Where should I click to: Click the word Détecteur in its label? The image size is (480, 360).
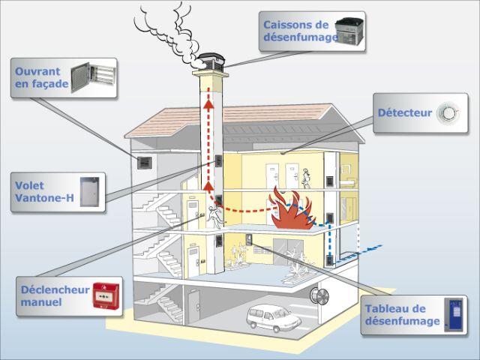click(x=405, y=112)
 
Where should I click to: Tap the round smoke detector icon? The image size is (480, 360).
click(x=448, y=113)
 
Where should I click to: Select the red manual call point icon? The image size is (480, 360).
click(x=106, y=296)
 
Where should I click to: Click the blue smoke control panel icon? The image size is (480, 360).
click(x=454, y=315)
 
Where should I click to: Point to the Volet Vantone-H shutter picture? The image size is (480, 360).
click(x=90, y=192)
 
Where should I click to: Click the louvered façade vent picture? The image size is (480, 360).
click(x=93, y=77)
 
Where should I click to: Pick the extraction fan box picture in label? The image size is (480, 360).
click(x=349, y=31)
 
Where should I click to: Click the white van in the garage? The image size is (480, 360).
click(x=273, y=318)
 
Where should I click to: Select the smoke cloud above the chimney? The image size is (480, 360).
click(x=170, y=34)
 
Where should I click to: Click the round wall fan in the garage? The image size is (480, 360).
click(x=319, y=296)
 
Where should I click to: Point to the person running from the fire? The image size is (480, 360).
click(x=214, y=217)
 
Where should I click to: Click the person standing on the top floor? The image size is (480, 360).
click(x=306, y=178)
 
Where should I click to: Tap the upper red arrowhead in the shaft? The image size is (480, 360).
click(x=208, y=104)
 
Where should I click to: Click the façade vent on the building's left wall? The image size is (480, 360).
click(x=144, y=163)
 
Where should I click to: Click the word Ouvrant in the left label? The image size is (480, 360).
click(x=37, y=72)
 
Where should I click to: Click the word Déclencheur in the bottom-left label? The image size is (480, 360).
click(x=55, y=289)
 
